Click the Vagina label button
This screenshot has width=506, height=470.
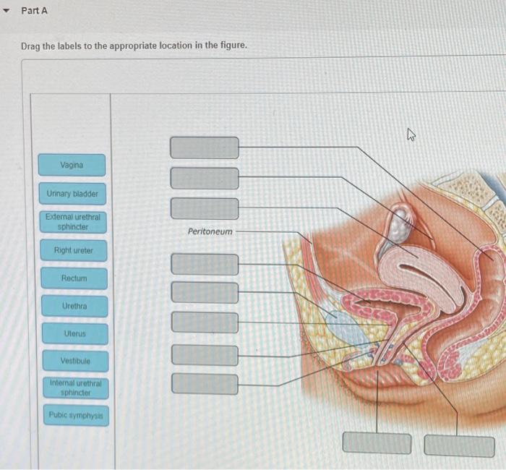click(72, 165)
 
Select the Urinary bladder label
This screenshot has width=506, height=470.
click(72, 194)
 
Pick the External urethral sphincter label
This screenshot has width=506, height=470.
click(72, 222)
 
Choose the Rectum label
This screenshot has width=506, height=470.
click(74, 278)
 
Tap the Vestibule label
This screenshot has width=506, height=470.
click(75, 361)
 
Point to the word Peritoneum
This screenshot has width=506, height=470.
click(210, 231)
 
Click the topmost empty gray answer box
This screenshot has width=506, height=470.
click(205, 148)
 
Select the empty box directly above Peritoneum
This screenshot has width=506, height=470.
click(205, 208)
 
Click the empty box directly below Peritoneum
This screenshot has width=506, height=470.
click(205, 265)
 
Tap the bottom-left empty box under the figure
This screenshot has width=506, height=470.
click(376, 443)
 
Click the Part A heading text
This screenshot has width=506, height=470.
click(34, 11)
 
